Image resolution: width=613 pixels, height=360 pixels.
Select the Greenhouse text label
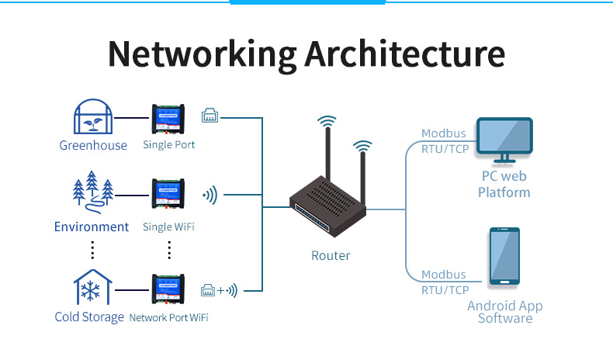click(93, 145)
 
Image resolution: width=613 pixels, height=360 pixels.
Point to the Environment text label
click(92, 227)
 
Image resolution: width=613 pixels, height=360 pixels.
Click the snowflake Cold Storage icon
click(92, 288)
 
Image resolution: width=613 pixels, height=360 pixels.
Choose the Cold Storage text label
click(89, 317)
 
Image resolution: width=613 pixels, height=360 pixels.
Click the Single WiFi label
click(168, 227)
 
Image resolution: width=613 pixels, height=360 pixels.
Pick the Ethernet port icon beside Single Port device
click(210, 116)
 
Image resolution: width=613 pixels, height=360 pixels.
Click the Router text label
click(331, 255)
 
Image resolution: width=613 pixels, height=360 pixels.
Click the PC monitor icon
click(504, 140)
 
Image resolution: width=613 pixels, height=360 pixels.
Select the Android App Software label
click(505, 312)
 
